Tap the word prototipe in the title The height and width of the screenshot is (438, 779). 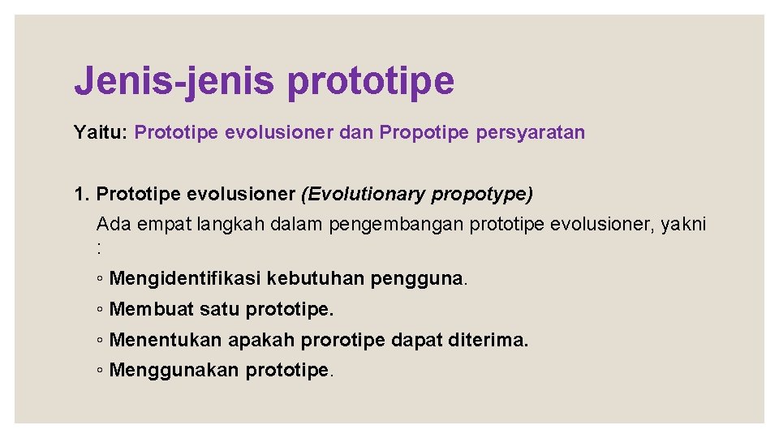pyautogui.click(x=371, y=81)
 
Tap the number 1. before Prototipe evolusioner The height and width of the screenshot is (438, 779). pyautogui.click(x=82, y=195)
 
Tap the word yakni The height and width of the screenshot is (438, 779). pyautogui.click(x=684, y=224)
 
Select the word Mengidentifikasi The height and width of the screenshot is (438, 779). pyautogui.click(x=185, y=279)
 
